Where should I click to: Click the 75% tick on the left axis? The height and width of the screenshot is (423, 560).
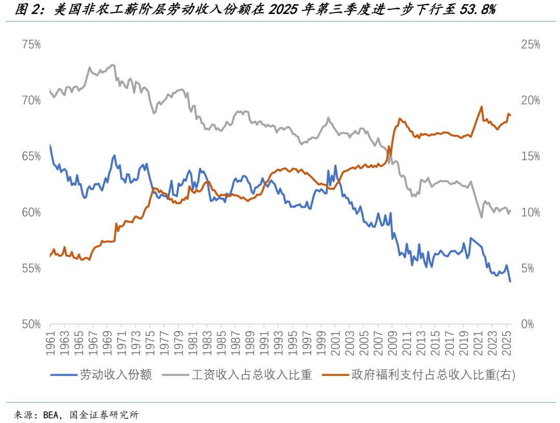coord(31,45)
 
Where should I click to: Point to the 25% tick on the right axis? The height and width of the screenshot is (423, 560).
coord(530,45)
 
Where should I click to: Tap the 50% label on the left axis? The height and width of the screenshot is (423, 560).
coord(31,324)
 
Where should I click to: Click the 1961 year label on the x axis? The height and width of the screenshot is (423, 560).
coord(51,345)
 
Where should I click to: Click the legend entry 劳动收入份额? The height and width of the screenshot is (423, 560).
coord(116,375)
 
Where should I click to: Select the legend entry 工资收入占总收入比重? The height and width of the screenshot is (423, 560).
coord(252,375)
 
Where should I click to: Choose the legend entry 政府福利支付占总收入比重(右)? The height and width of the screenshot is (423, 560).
coord(433,375)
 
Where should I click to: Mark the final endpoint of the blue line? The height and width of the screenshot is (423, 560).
coord(510,281)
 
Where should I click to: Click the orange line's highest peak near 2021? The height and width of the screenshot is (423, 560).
coord(481,107)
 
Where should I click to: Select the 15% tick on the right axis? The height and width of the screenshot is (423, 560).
coord(530,157)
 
